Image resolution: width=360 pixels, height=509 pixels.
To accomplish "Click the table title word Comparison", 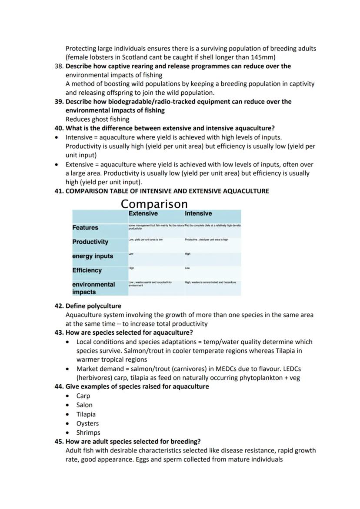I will (154, 204).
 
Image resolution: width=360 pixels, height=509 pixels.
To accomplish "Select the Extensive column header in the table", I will (143, 213).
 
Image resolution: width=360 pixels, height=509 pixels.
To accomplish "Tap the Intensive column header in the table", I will (198, 213).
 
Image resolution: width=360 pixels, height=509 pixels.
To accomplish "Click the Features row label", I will (85, 228).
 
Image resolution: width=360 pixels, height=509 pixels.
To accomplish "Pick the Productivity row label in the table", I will (90, 242).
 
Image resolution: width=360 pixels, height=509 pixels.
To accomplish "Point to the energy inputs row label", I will (92, 256).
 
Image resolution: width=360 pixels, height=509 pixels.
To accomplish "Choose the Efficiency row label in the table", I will (87, 270).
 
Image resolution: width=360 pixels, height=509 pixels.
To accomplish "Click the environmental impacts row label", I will (93, 288).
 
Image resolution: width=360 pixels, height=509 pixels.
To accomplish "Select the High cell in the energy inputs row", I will (187, 254).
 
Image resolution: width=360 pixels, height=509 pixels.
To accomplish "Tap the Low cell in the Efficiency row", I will (187, 268).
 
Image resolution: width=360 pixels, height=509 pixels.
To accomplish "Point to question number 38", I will (59, 66).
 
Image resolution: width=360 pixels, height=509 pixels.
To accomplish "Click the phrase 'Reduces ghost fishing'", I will (97, 119).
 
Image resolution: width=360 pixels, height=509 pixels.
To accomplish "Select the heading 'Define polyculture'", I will (93, 306).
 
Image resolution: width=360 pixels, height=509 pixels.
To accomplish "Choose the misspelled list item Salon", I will (84, 405).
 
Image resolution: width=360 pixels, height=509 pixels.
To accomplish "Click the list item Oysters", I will (87, 423).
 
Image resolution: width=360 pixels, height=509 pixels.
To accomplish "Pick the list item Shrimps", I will (88, 432).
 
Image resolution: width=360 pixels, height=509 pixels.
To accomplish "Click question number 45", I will (59, 442).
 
